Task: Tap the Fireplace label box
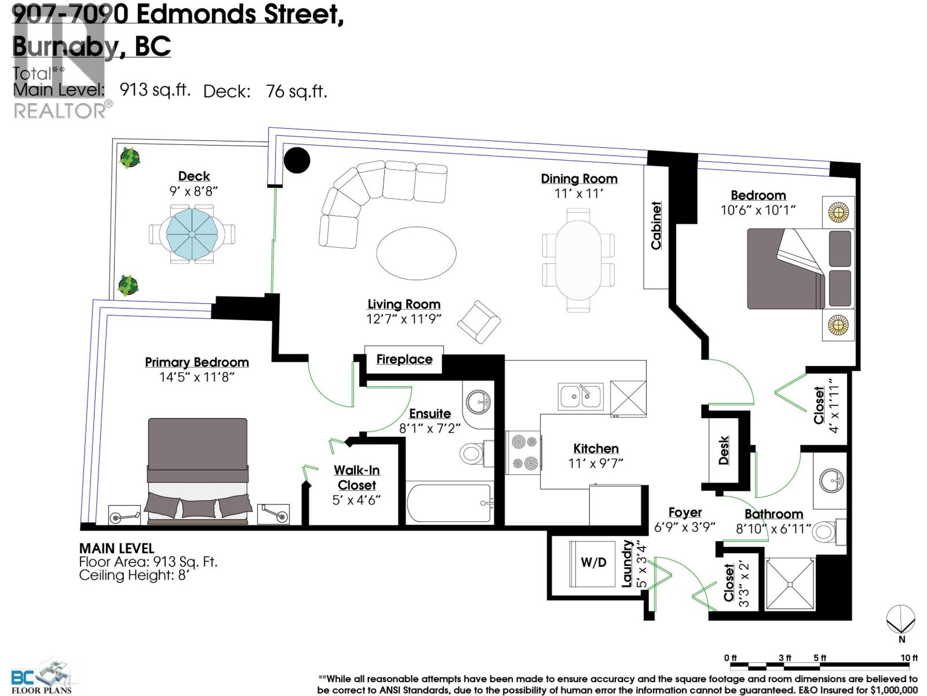(x=404, y=360)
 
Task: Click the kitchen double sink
(x=581, y=396)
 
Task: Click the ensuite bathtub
(x=449, y=503)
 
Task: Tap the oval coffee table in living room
(x=416, y=253)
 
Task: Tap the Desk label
(x=723, y=451)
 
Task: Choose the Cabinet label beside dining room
(x=656, y=226)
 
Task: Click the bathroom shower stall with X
(x=790, y=583)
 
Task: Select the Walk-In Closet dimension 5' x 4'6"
(x=356, y=500)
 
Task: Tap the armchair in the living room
(x=479, y=321)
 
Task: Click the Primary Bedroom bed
(x=198, y=470)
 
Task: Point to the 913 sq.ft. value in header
(x=155, y=90)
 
